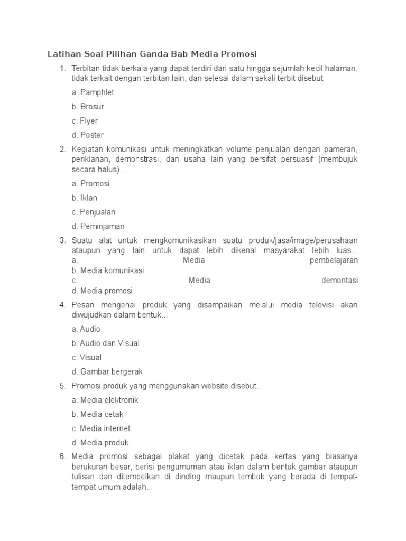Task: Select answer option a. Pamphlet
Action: click(x=93, y=92)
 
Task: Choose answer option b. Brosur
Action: click(x=88, y=107)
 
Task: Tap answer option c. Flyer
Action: click(x=85, y=121)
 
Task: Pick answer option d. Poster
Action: click(x=88, y=135)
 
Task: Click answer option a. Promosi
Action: click(x=90, y=184)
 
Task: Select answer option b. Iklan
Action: click(x=85, y=198)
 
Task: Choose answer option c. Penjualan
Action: click(x=94, y=212)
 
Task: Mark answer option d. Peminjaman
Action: click(x=98, y=227)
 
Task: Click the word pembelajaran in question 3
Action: click(x=334, y=260)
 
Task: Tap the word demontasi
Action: click(x=339, y=281)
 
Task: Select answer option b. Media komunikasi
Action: click(x=108, y=270)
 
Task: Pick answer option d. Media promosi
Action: click(x=102, y=291)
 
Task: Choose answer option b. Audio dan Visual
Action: click(x=106, y=343)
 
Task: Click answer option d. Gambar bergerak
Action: click(x=107, y=372)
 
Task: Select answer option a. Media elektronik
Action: click(x=105, y=400)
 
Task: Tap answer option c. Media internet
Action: click(x=101, y=429)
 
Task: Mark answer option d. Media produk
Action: click(x=100, y=443)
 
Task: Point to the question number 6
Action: click(x=62, y=457)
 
